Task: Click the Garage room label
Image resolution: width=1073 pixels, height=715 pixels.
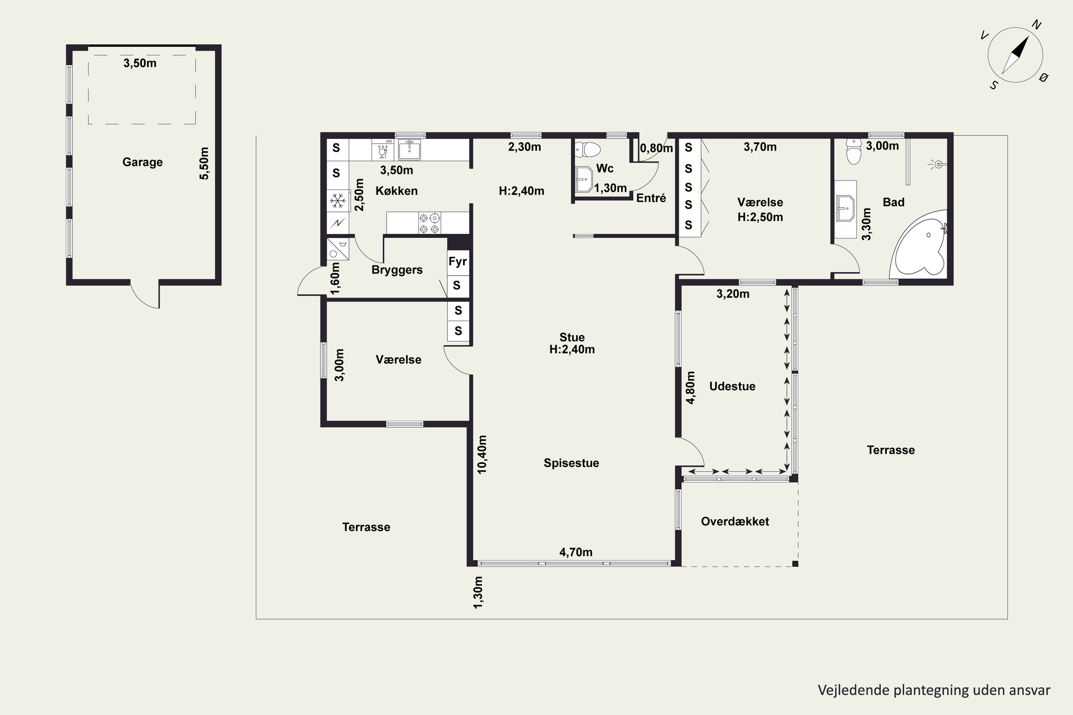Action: point(142,162)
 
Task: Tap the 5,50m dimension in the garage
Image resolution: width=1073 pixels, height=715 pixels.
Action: point(204,163)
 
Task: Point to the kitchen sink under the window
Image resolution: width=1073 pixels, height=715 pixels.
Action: point(409,149)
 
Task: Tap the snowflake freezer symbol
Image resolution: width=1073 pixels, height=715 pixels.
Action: point(338,201)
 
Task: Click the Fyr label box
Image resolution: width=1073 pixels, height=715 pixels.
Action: point(457,262)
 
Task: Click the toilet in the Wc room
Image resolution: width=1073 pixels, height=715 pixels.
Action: point(588,149)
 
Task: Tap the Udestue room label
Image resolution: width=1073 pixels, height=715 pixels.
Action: point(732,386)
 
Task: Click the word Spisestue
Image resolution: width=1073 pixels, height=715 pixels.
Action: point(571,463)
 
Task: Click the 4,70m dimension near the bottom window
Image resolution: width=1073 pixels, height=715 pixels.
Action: point(576,552)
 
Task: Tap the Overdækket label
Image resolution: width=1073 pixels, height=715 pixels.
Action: point(735,521)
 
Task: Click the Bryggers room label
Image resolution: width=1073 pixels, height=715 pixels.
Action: point(397,270)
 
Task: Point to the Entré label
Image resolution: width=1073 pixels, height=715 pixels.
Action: point(651,198)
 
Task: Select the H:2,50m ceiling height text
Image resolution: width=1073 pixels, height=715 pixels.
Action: point(760,217)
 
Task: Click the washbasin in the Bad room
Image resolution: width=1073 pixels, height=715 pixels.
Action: point(846,208)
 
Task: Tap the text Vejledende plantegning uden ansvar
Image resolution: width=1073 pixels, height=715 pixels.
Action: point(934,690)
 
